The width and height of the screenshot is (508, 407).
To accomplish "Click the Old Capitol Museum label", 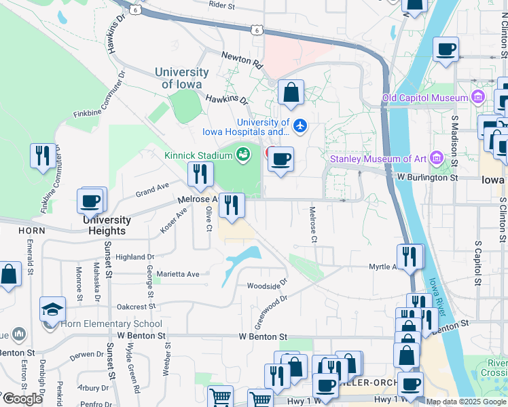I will pos(424,98).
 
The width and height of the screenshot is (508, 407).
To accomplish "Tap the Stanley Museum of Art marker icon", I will pos(435,159).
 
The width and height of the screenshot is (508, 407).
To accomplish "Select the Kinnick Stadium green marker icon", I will pos(242,155).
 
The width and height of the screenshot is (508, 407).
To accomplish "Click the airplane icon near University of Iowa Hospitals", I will pos(301,125).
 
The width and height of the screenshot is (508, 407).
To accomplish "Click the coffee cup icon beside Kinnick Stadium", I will pos(280,160).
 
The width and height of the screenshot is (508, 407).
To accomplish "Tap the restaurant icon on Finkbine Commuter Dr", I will pos(43,155).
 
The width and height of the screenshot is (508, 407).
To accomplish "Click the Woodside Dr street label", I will pos(267,286).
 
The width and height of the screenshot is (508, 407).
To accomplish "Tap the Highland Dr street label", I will pos(135,257).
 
